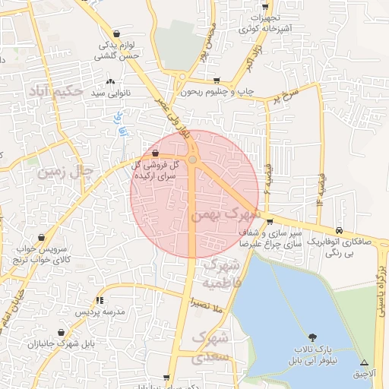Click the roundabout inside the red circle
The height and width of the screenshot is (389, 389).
(x=193, y=160)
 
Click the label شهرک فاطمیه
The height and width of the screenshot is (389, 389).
(x=222, y=275)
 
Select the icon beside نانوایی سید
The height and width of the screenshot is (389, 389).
(x=112, y=81)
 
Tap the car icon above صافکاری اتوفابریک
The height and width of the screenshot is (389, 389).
(x=339, y=231)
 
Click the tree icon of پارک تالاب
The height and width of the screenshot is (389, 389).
(x=313, y=337)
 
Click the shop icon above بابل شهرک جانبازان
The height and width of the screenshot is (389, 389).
(x=60, y=332)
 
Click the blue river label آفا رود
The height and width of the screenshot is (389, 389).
(x=119, y=125)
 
